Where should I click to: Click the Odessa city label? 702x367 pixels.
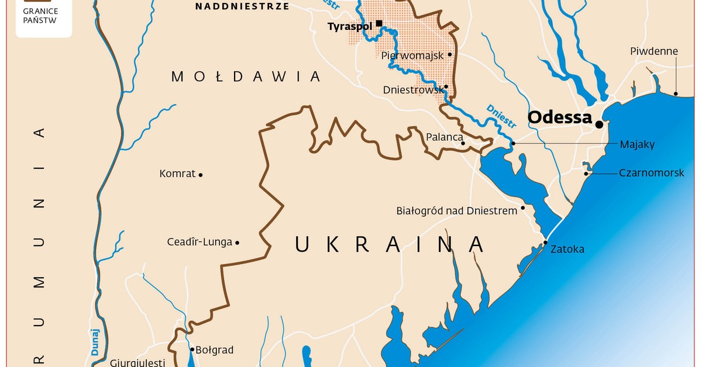(x=560, y=117)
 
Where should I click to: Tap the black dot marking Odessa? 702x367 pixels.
(x=599, y=124)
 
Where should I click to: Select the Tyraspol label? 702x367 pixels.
(x=350, y=26)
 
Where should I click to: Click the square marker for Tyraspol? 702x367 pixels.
(x=379, y=23)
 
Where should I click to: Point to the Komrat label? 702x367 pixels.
(x=177, y=174)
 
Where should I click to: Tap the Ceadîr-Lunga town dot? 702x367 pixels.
(x=237, y=243)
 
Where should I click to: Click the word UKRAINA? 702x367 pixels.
(x=389, y=244)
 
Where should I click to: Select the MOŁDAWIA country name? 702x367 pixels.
(x=246, y=76)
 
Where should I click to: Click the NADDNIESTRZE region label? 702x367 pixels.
(x=242, y=6)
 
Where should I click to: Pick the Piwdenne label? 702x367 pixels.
(x=654, y=51)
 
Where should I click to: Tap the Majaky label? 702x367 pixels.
(x=637, y=144)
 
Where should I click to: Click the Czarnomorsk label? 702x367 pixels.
(x=651, y=173)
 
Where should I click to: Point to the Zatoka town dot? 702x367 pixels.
(x=545, y=243)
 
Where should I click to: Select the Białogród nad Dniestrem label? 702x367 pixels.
(x=456, y=210)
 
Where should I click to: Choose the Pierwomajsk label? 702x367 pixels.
(x=412, y=56)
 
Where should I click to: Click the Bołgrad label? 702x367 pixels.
(x=214, y=350)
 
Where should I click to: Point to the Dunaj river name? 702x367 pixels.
(x=95, y=342)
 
